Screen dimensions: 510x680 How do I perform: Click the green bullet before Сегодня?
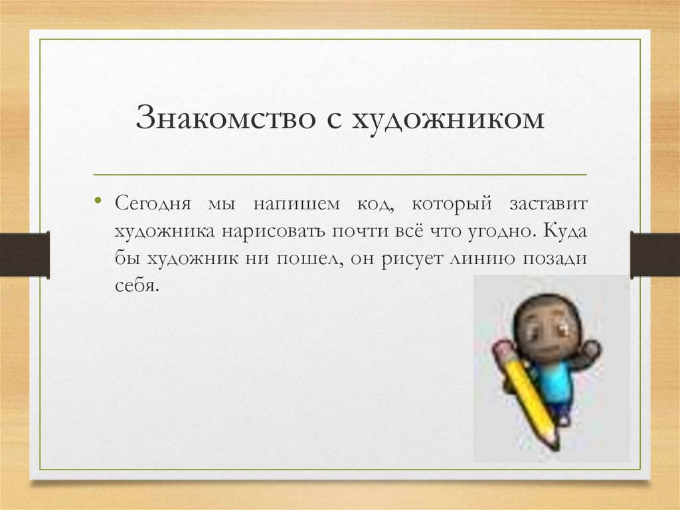[x=98, y=199]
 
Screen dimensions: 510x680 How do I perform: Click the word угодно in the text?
[x=498, y=231]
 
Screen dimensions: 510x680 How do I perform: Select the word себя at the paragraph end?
[x=133, y=287]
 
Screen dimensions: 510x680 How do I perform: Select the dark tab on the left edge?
[x=25, y=254]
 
